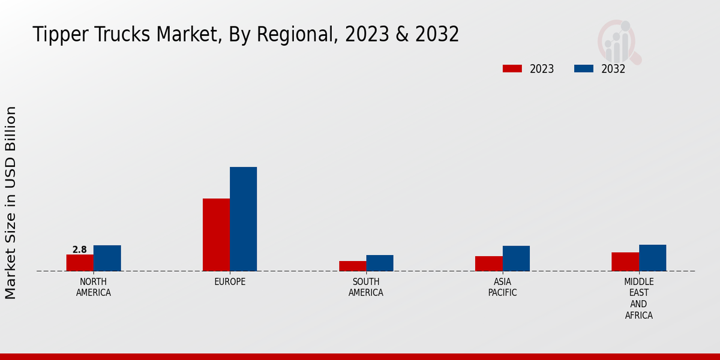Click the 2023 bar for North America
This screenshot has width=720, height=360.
[80, 263]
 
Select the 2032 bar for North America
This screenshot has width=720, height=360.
[107, 258]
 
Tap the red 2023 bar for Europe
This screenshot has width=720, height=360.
[216, 235]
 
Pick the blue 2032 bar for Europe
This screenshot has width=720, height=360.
[243, 219]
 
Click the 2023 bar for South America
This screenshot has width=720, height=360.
[352, 266]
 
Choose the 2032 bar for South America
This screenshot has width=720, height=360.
[380, 263]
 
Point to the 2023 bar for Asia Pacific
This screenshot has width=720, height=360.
[489, 263]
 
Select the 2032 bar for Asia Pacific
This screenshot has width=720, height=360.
[516, 259]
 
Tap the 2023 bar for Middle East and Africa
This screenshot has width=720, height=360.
[625, 262]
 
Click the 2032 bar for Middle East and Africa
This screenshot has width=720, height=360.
[652, 258]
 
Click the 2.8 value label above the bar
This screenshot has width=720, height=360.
[79, 250]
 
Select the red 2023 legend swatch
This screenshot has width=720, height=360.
[512, 69]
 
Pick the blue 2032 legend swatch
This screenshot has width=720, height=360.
[583, 69]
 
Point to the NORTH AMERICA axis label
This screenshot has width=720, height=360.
[94, 287]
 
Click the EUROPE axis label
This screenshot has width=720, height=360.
[230, 282]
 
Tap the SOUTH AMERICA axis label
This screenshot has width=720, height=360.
[366, 287]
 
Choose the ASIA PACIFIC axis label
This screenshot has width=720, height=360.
[502, 287]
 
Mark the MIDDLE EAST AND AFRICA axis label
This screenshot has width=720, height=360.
[638, 298]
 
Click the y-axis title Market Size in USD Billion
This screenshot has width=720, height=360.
[11, 203]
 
